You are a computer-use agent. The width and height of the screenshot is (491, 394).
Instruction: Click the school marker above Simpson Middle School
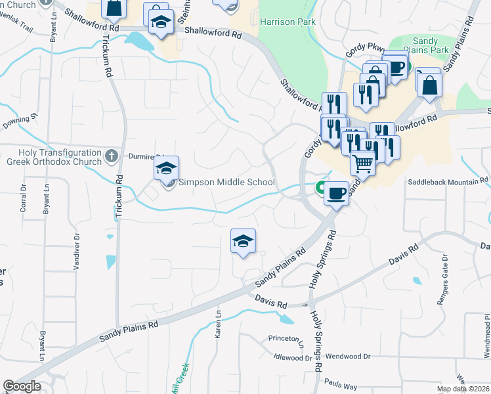point(167,167)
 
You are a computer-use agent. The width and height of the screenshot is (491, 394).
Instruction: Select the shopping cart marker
point(362,162)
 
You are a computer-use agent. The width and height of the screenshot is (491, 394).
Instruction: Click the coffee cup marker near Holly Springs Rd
point(337,193)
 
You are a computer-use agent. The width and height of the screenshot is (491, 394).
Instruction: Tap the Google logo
point(22,386)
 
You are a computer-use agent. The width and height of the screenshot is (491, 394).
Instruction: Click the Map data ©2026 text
point(463,389)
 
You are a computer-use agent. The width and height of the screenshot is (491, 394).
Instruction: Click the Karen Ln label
point(218,325)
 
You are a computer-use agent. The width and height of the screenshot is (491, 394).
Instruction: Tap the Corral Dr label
point(24,215)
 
